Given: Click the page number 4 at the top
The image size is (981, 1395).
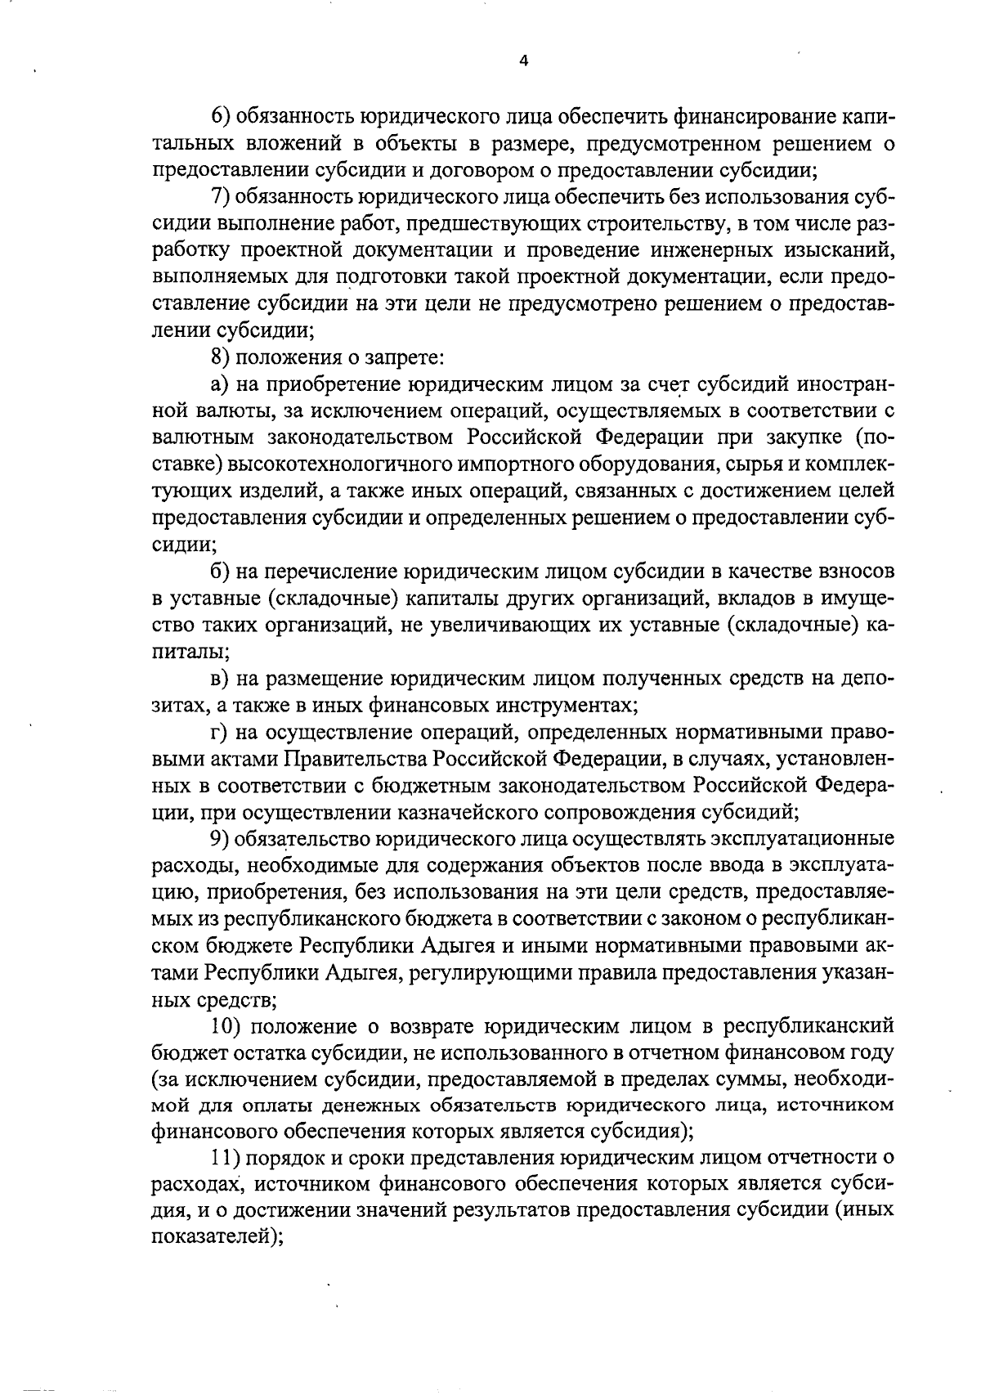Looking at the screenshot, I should (x=523, y=60).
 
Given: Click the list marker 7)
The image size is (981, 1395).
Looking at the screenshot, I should (x=223, y=198).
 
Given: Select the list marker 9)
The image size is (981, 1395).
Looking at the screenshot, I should (x=222, y=840).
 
